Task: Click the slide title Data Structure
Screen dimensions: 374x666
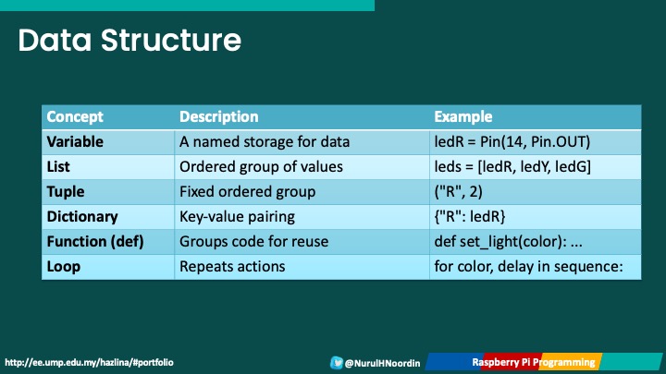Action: (x=129, y=40)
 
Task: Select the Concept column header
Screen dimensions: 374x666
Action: (x=75, y=117)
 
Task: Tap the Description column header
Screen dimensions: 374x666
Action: (x=218, y=117)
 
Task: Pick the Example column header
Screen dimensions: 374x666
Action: (x=462, y=117)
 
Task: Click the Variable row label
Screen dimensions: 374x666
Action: (x=75, y=142)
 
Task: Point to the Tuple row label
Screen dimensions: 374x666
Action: (x=66, y=192)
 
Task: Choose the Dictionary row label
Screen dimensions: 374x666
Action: (x=82, y=217)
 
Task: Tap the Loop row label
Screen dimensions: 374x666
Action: (x=64, y=267)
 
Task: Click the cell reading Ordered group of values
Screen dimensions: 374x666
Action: (x=261, y=167)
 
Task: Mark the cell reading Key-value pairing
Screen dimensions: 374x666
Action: (x=237, y=217)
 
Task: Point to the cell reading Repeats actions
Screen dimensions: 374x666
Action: (x=232, y=267)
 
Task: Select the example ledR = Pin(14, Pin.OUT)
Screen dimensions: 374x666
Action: (x=512, y=142)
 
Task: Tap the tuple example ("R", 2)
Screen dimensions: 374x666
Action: (x=458, y=192)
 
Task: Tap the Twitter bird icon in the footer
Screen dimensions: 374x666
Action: (x=337, y=363)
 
